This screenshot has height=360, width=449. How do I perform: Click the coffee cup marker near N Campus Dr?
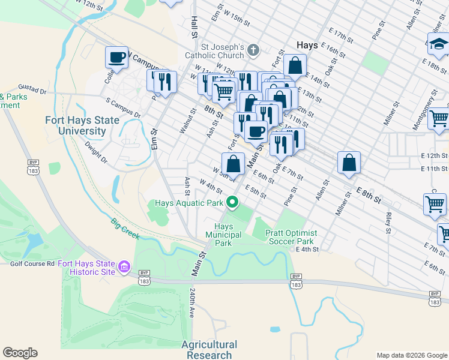[117, 58]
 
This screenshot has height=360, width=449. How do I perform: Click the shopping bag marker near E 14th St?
[295, 65]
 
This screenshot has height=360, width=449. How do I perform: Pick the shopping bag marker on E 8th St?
[349, 162]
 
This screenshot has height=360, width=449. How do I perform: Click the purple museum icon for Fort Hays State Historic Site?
[124, 266]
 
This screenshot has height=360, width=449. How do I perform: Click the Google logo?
[20, 353]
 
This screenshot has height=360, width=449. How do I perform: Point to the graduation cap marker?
[438, 44]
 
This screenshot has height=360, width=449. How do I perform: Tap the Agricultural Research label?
[209, 350]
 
